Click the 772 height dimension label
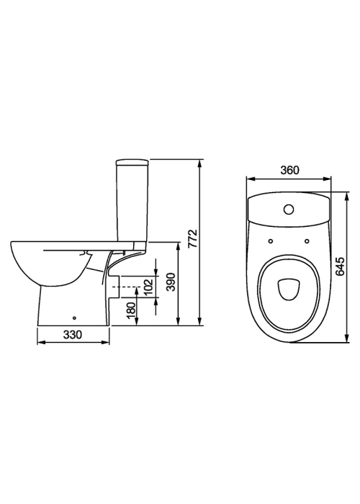pyautogui.click(x=192, y=238)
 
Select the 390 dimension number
pyautogui.click(x=172, y=282)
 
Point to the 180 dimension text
pyautogui.click(x=132, y=309)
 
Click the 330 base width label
pyautogui.click(x=73, y=335)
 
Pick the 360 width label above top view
pyautogui.click(x=289, y=170)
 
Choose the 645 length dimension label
pyautogui.click(x=340, y=266)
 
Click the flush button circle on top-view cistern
pyautogui.click(x=289, y=210)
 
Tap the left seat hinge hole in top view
pyautogui.click(x=270, y=241)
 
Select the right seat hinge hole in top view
pyautogui.click(x=307, y=241)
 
